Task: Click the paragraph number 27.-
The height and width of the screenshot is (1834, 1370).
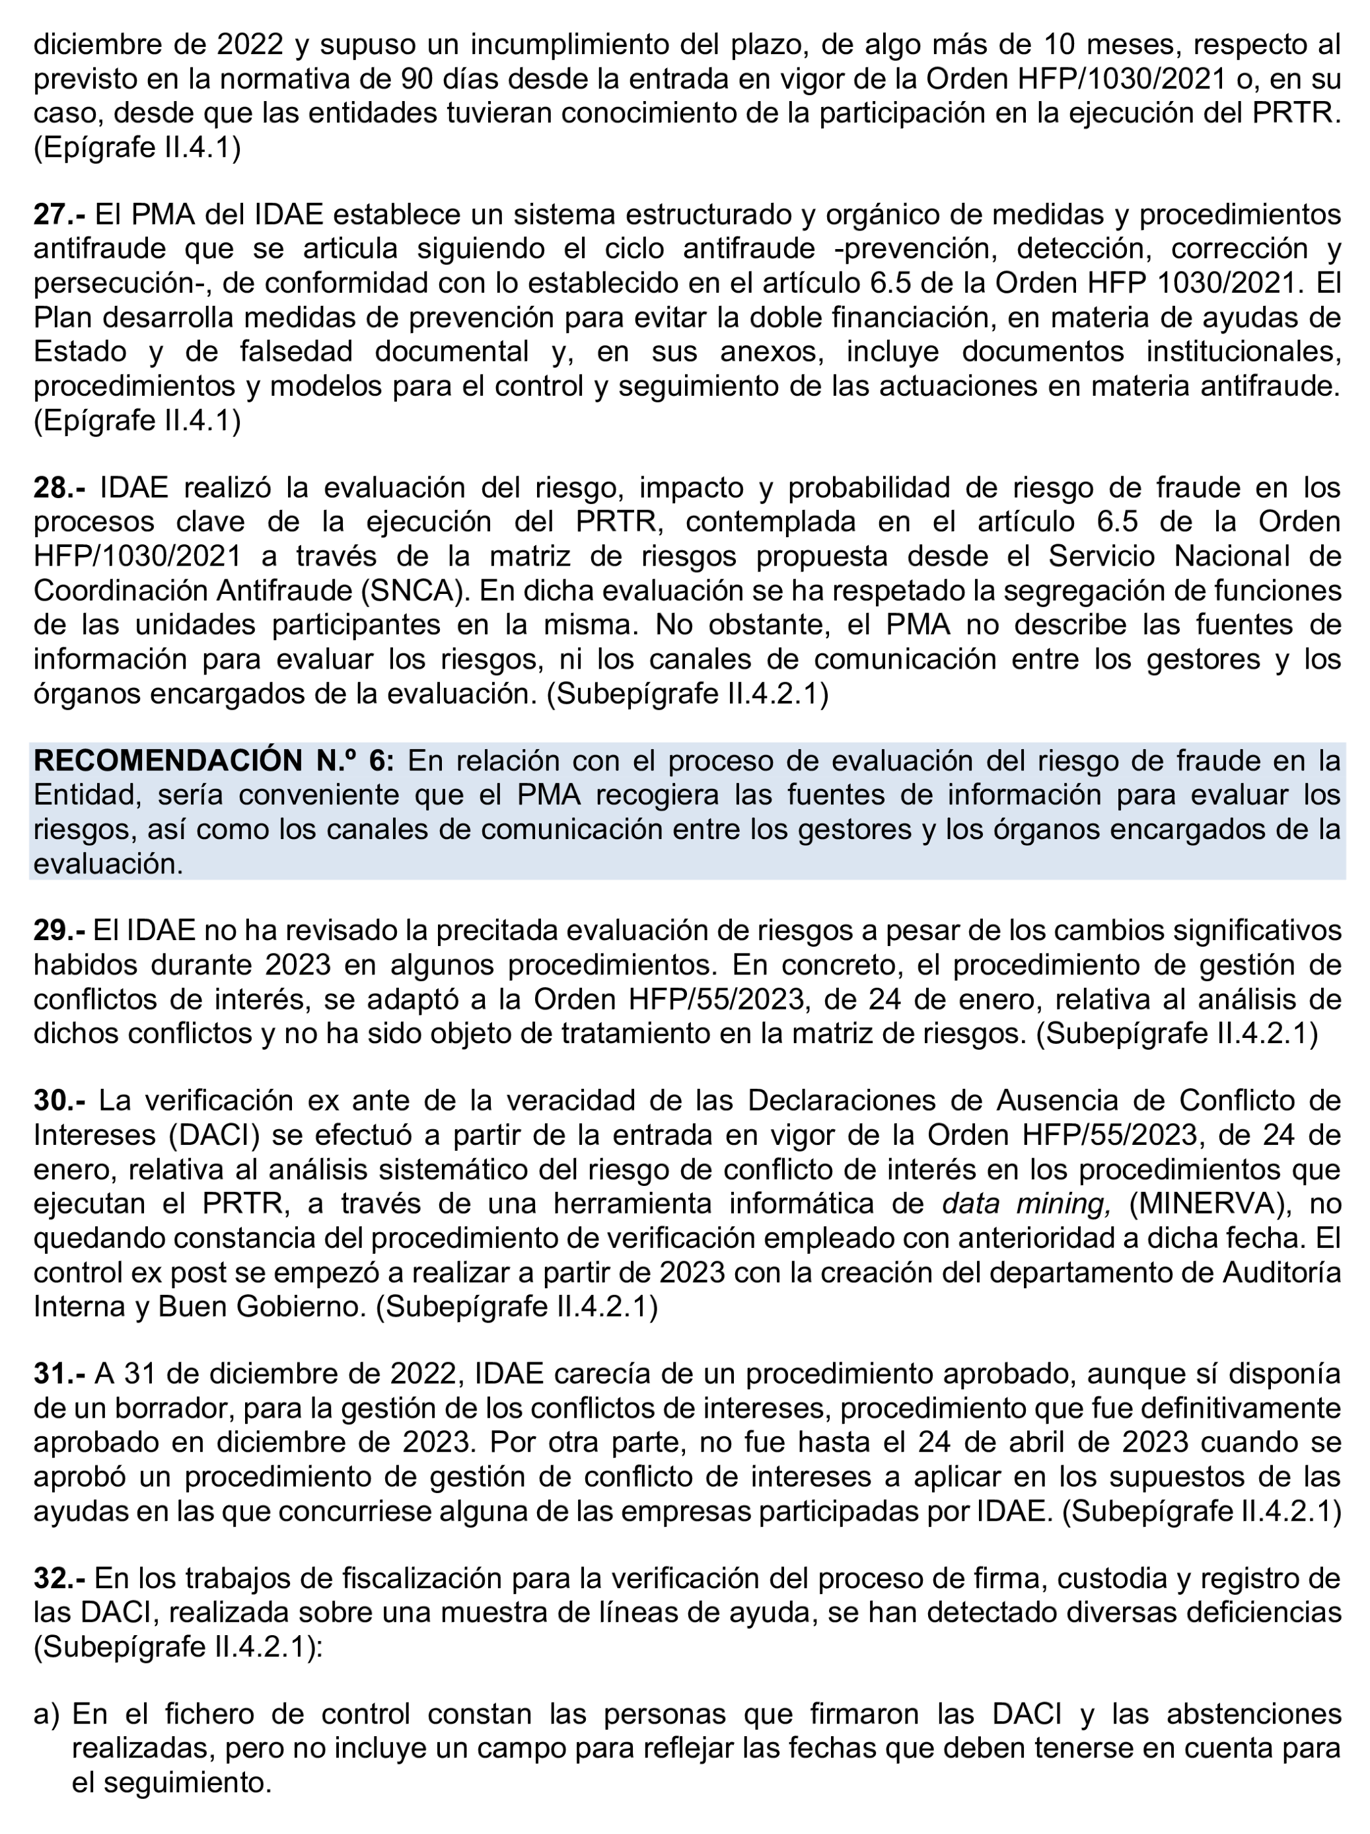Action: click(x=59, y=215)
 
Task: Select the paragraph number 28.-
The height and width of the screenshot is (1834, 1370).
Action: click(x=59, y=488)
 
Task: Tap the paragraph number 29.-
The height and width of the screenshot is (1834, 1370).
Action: click(x=59, y=930)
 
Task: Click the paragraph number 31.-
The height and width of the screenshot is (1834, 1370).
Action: click(x=59, y=1374)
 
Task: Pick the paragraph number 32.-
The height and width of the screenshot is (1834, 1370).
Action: click(x=59, y=1578)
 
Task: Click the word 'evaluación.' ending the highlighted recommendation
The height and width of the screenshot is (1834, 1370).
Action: click(x=108, y=864)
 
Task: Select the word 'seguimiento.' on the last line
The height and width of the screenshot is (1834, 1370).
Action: click(x=172, y=1782)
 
